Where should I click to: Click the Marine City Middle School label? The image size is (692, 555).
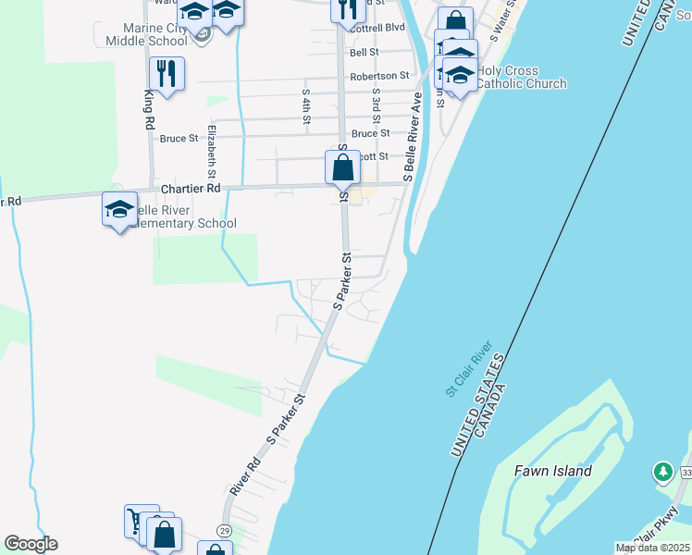tap(146, 33)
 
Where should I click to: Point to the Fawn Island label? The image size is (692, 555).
tap(552, 471)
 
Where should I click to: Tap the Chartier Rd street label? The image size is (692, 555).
tap(191, 188)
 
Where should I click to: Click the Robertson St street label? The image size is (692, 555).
tap(379, 76)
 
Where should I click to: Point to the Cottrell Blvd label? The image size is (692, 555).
tap(378, 28)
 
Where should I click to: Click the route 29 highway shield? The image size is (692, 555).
tap(224, 529)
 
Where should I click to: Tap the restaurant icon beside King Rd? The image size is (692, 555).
tap(167, 74)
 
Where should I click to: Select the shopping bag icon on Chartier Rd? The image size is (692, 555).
tap(342, 168)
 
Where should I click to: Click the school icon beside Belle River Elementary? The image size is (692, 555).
tap(119, 209)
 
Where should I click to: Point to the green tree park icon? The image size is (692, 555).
tap(662, 472)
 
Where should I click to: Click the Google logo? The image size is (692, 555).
tap(31, 544)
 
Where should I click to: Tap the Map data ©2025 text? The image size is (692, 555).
tap(651, 548)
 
